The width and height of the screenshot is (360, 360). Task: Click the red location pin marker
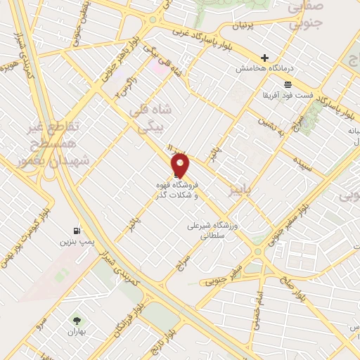181,166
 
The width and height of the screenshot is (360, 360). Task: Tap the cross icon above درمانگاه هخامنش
264,58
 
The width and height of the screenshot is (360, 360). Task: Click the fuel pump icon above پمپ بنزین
75,231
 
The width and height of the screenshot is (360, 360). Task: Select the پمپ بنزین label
75,241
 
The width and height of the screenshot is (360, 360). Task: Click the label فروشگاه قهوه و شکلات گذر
177,188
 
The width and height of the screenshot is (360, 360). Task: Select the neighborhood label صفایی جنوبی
304,13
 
